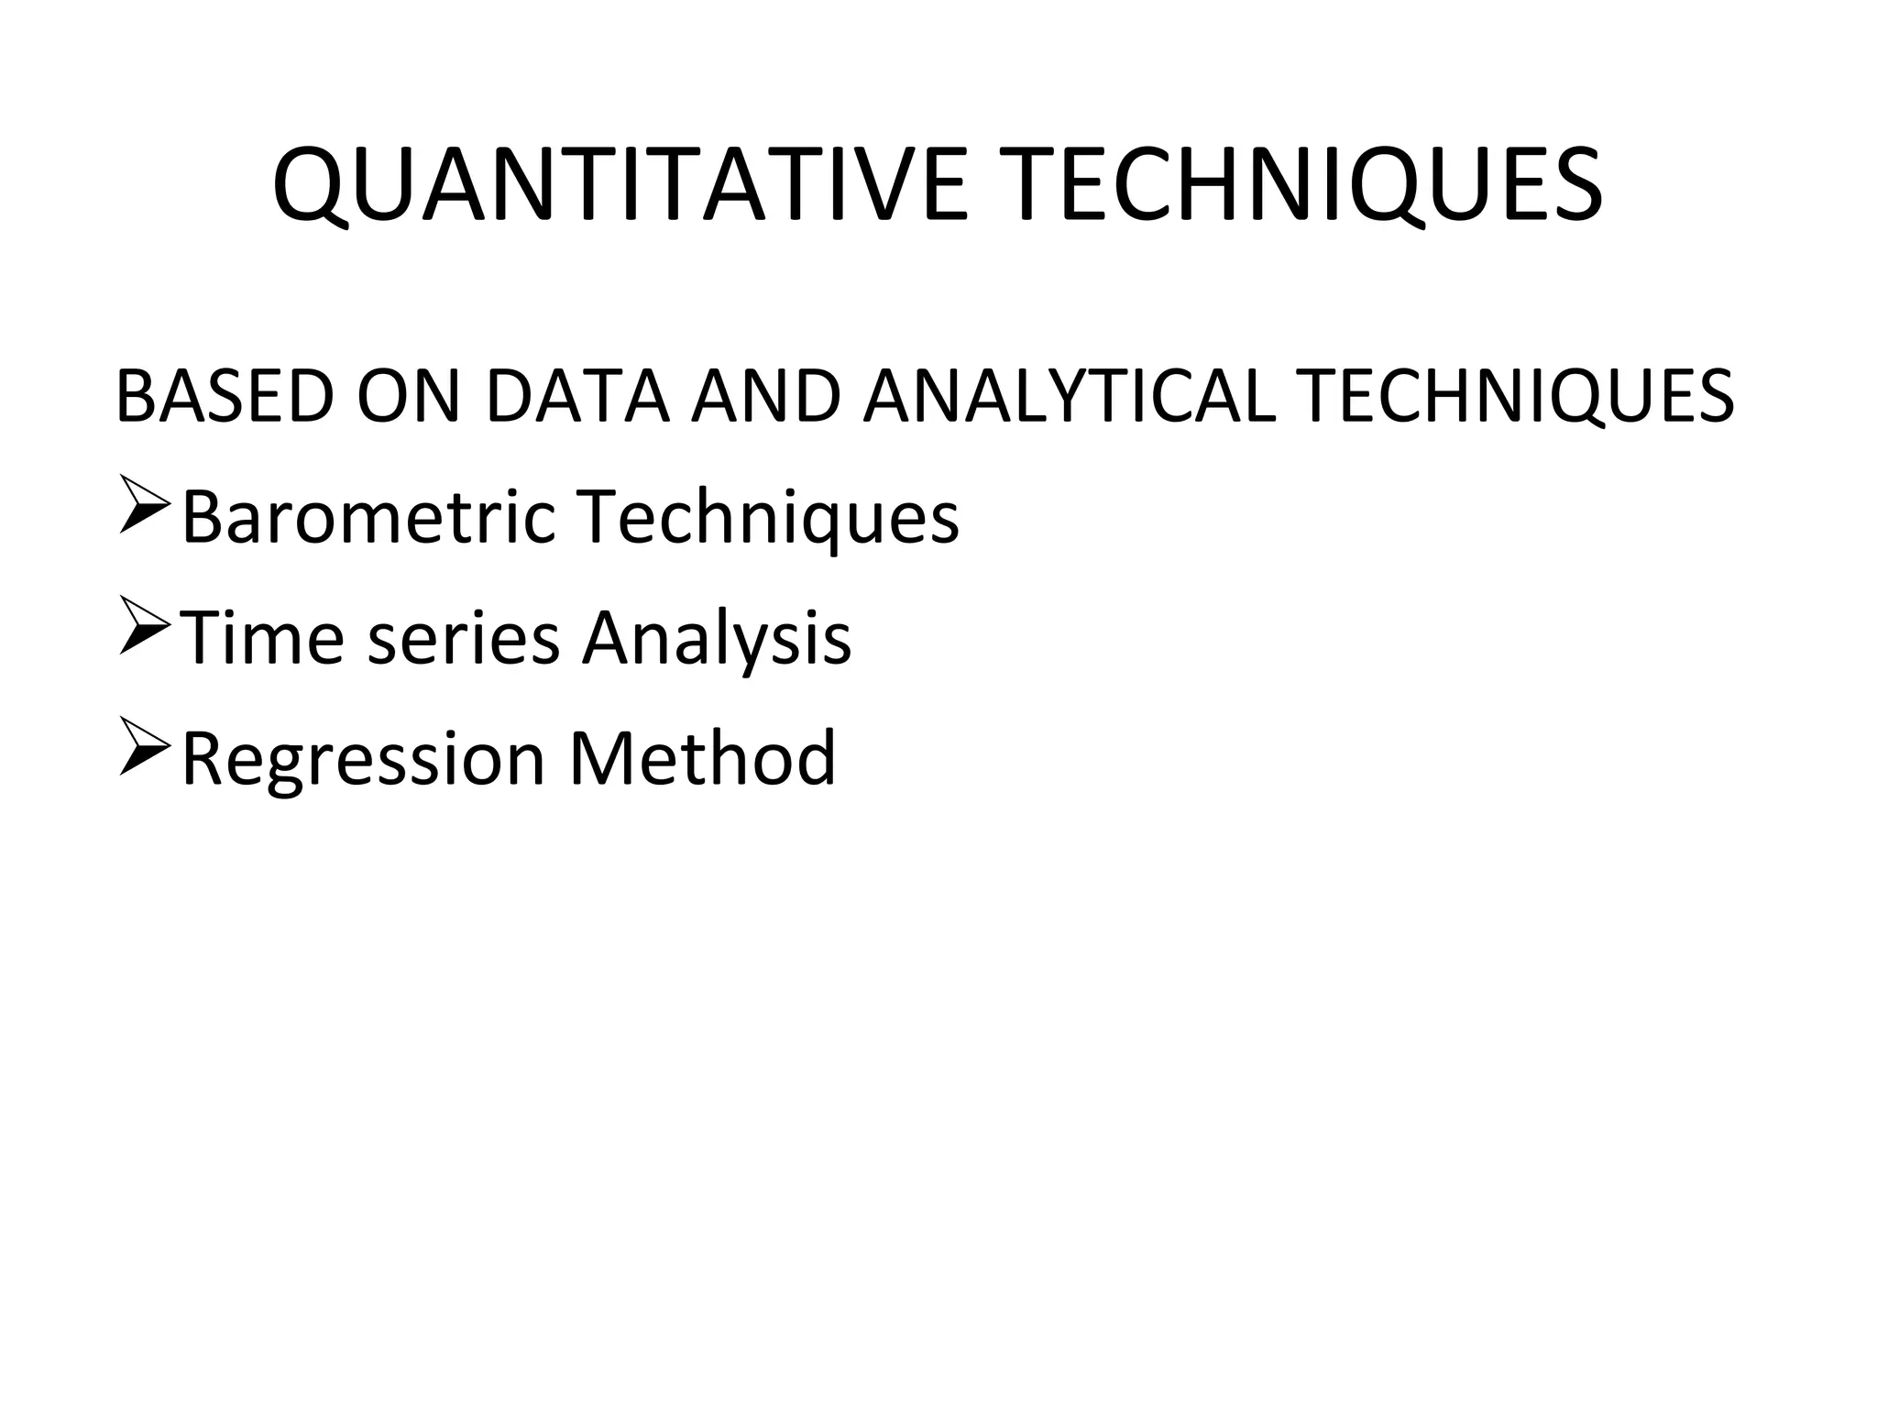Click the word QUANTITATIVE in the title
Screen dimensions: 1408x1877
point(620,185)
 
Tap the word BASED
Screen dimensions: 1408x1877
point(225,397)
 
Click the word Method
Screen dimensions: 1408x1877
point(702,758)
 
